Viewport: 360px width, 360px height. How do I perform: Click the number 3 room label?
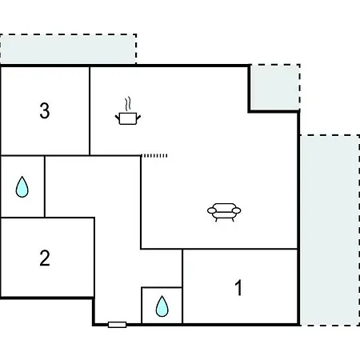coord(45,110)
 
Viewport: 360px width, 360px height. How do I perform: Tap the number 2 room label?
coord(45,258)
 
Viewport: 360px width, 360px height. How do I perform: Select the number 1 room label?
coord(238,287)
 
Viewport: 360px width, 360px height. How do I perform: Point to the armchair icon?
coord(224,212)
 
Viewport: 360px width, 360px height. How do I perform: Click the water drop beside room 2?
coord(22,186)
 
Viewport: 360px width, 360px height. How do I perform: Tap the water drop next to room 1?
coord(162,306)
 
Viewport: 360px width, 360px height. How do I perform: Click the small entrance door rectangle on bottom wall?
coord(117,325)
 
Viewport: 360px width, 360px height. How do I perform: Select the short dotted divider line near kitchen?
coord(154,155)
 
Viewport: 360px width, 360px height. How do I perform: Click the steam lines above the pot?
coord(128,104)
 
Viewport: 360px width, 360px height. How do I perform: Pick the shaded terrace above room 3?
coord(68,49)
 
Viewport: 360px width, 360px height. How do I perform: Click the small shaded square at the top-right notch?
coord(275,87)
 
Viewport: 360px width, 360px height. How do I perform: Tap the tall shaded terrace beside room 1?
coord(330,230)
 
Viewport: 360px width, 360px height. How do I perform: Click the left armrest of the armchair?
coord(211,210)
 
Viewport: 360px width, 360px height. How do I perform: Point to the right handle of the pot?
coord(138,117)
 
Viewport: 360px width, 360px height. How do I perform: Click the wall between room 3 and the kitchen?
coord(90,110)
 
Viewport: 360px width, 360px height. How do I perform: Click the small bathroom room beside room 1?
coord(162,306)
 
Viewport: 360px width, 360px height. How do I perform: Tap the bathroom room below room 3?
coord(22,186)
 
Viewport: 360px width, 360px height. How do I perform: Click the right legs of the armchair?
coord(233,220)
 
